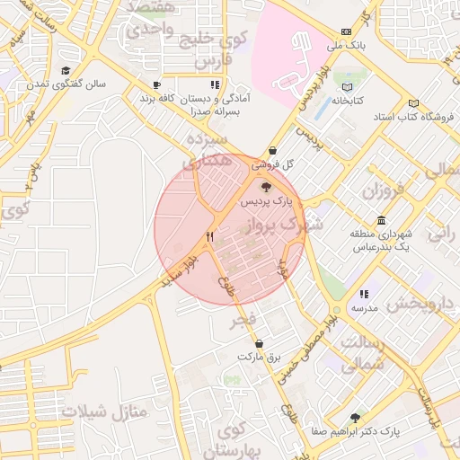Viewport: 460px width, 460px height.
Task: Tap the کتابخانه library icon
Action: [349, 87]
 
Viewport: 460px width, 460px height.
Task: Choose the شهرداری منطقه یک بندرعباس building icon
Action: [382, 221]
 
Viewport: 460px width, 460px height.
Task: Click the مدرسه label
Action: [363, 308]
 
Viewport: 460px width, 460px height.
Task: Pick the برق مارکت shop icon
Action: [260, 343]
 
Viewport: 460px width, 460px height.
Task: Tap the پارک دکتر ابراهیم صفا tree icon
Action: [356, 418]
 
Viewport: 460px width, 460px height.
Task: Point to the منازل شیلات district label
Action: [104, 411]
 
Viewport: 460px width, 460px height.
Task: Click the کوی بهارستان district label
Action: [232, 439]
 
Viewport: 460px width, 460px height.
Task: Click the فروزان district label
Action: [385, 190]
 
